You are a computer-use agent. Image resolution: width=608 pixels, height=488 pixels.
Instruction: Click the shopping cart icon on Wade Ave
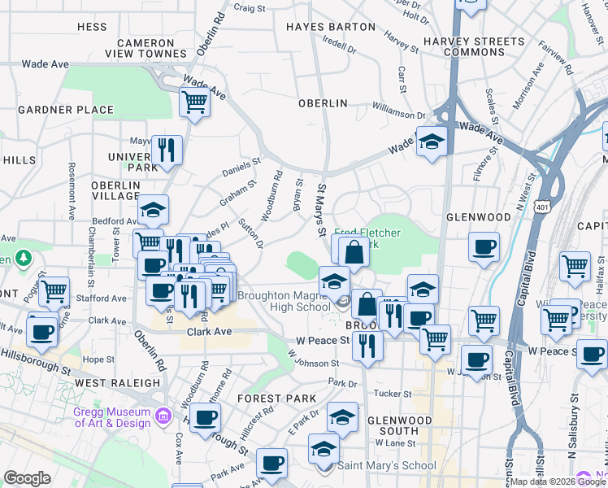(194, 102)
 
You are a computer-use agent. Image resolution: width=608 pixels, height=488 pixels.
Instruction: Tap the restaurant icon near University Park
(167, 150)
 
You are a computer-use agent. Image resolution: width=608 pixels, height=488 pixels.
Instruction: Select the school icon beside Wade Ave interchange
(432, 141)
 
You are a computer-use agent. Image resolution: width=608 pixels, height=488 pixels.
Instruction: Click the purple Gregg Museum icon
(163, 416)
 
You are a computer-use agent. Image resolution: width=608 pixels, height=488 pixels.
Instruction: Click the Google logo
(27, 478)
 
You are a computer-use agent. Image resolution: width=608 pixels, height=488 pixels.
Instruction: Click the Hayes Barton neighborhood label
(330, 27)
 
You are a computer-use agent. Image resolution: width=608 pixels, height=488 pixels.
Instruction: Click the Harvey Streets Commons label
(486, 46)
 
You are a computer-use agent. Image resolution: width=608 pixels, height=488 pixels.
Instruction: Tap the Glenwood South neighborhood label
(399, 425)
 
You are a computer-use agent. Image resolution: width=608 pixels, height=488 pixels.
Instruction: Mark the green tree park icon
(24, 259)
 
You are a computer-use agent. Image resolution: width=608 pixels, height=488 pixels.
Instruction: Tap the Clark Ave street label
(210, 332)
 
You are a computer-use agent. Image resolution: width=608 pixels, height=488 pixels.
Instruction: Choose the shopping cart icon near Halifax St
(575, 265)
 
